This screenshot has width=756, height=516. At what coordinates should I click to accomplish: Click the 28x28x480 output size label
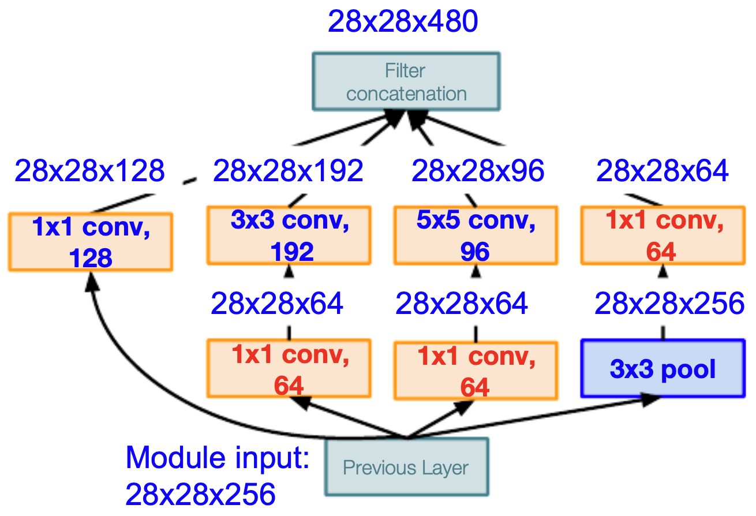click(403, 21)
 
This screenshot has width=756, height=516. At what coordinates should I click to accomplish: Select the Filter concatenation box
click(406, 81)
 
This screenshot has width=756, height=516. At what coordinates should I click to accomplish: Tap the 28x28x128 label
click(90, 171)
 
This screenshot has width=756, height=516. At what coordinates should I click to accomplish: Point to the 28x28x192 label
click(288, 171)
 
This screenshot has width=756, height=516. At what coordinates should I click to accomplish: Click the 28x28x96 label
click(478, 171)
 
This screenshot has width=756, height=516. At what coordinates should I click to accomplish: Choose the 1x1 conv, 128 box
click(91, 242)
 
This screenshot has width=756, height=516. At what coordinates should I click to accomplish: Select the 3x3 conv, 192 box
click(289, 235)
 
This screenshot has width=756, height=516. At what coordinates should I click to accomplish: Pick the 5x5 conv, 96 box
click(476, 235)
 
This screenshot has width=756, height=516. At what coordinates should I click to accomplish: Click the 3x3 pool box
click(663, 368)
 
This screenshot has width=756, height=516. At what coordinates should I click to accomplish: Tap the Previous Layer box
click(407, 467)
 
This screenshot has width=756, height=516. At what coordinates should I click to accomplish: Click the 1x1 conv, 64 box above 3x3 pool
click(663, 235)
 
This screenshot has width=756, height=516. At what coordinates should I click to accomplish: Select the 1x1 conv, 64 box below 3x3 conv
click(289, 368)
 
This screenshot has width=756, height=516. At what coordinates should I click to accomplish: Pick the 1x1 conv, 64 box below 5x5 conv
click(476, 371)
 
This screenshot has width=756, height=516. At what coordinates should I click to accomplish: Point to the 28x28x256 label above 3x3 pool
click(669, 304)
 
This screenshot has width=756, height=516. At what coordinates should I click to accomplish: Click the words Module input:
click(218, 458)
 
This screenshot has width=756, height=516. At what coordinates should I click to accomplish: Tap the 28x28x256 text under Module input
click(200, 495)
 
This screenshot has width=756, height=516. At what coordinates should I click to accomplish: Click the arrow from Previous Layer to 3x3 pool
click(533, 418)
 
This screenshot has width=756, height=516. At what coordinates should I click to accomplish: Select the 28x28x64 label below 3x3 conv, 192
click(277, 304)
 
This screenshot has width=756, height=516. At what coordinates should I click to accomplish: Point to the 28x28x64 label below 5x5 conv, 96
click(462, 304)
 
